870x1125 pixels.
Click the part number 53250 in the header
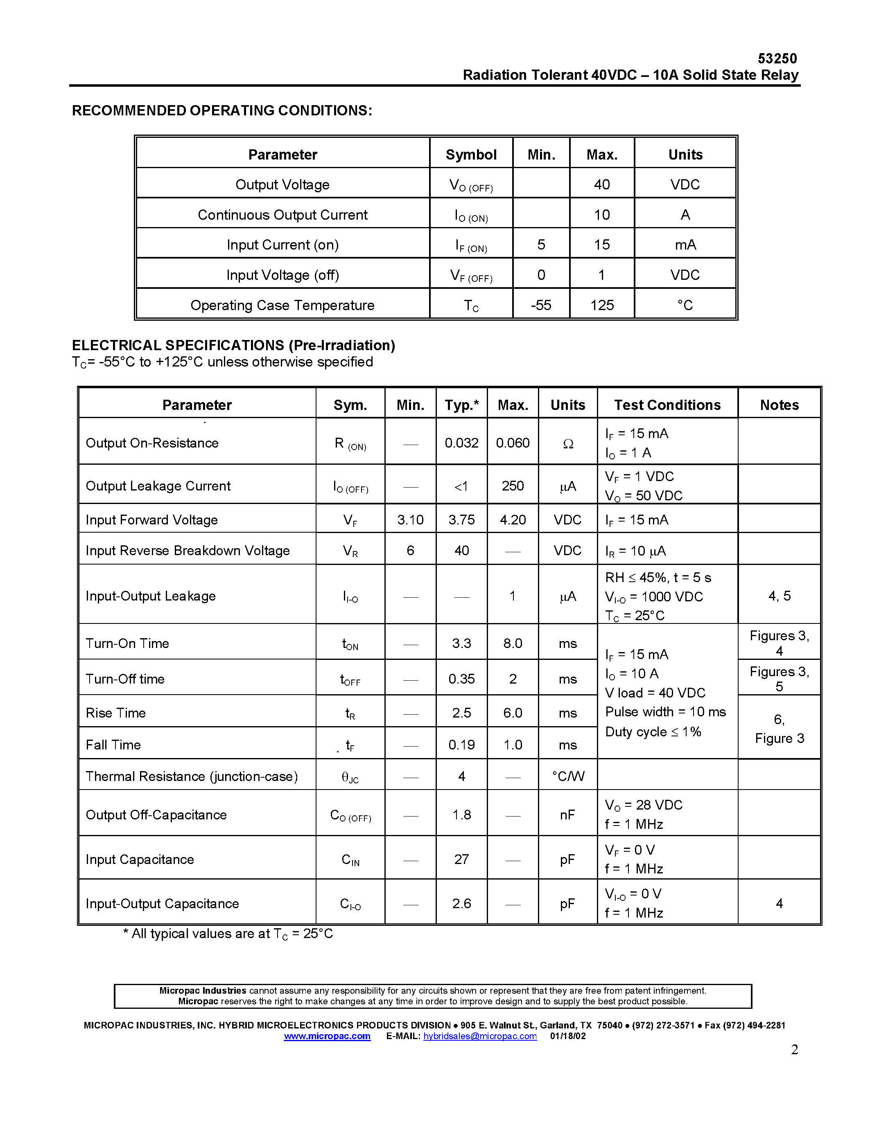click(x=777, y=58)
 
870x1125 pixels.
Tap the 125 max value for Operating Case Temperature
click(x=601, y=305)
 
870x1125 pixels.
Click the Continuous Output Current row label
click(x=282, y=215)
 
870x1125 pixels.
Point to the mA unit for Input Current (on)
click(x=685, y=245)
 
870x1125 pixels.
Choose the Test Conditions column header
click(x=667, y=405)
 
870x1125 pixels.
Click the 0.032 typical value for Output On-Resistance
click(x=461, y=443)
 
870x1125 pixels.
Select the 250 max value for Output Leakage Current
click(x=512, y=486)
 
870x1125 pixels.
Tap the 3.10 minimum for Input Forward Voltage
click(x=410, y=520)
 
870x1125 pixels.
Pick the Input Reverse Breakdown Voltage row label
click(x=188, y=551)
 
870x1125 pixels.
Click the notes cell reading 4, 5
click(x=779, y=596)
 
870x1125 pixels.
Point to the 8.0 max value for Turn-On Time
click(x=512, y=643)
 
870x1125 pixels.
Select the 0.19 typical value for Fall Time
click(x=461, y=745)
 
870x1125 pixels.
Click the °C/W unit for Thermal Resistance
click(x=567, y=776)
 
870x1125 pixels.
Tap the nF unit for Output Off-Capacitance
click(x=567, y=815)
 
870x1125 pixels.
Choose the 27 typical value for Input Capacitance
click(x=461, y=859)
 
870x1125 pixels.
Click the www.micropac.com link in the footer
click(x=327, y=1036)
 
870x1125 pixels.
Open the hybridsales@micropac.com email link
click(x=480, y=1036)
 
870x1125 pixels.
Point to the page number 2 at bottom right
click(x=794, y=1050)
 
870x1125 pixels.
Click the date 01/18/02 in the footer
click(x=567, y=1036)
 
